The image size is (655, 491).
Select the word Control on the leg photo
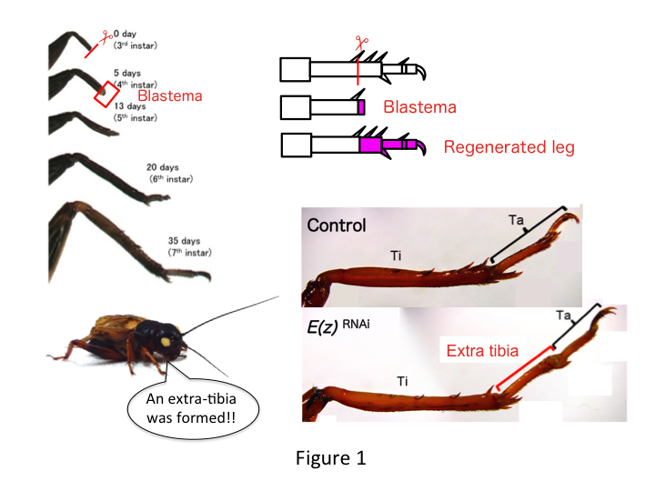(337, 225)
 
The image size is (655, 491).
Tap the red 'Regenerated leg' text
(509, 146)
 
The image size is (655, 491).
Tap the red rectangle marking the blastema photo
(106, 95)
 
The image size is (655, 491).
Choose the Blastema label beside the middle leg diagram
(419, 107)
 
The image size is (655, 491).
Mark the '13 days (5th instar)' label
(136, 112)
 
